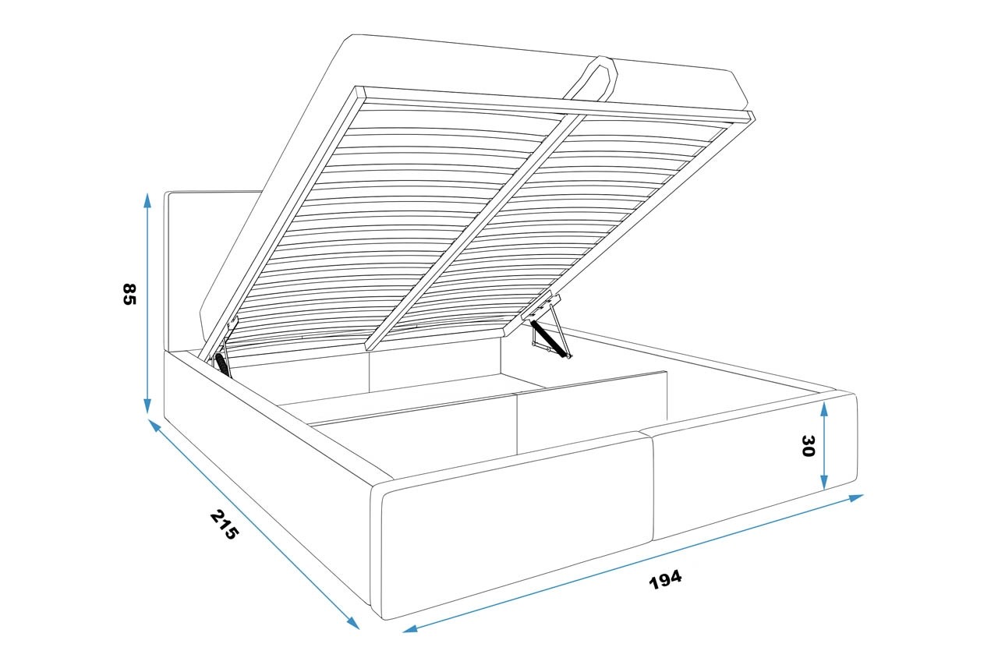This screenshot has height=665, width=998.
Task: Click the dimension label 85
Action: point(129,294)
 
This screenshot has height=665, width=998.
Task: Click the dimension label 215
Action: point(224,525)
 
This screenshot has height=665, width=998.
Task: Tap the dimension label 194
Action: point(665,579)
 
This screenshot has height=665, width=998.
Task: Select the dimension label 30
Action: point(808,446)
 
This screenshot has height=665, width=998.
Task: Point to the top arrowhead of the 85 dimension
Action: point(147,200)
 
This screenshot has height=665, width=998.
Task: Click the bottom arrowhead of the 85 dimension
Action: point(147,406)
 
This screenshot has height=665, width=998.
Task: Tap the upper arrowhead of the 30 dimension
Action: point(824,409)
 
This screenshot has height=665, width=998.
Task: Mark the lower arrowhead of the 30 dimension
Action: point(824,482)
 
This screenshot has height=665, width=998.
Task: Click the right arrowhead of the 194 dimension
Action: point(856,497)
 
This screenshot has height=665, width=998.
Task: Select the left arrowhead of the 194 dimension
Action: point(410,629)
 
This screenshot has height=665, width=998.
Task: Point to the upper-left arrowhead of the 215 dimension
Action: point(154,425)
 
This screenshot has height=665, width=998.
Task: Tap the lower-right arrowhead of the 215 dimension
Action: point(353,623)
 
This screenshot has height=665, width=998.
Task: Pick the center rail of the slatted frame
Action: point(475,232)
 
